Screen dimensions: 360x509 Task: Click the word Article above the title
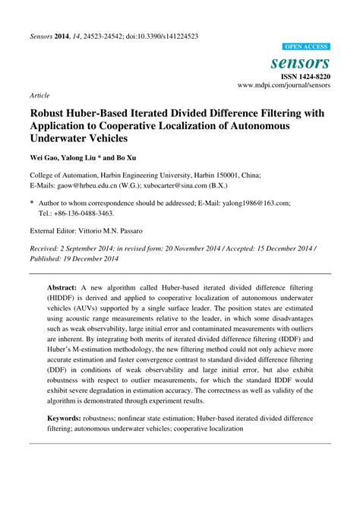[39, 96]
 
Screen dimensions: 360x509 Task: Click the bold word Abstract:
[63, 289]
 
